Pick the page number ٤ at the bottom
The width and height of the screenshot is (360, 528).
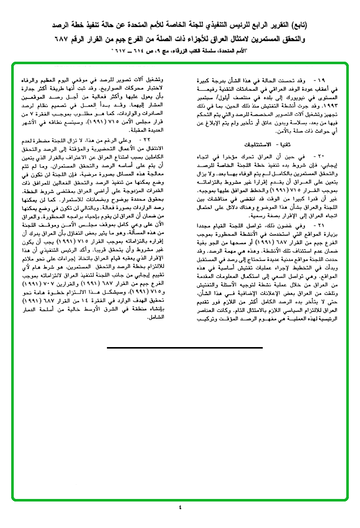(x=180, y=507)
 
